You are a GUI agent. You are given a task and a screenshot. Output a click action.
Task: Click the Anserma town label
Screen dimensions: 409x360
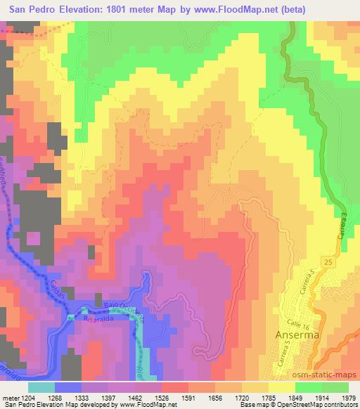click(x=298, y=335)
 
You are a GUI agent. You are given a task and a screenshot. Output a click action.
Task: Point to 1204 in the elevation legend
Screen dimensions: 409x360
click(x=22, y=397)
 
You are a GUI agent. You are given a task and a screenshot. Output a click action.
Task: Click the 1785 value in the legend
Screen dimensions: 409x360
click(x=260, y=397)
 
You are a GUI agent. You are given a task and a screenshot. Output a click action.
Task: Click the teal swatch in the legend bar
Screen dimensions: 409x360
click(x=41, y=387)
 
